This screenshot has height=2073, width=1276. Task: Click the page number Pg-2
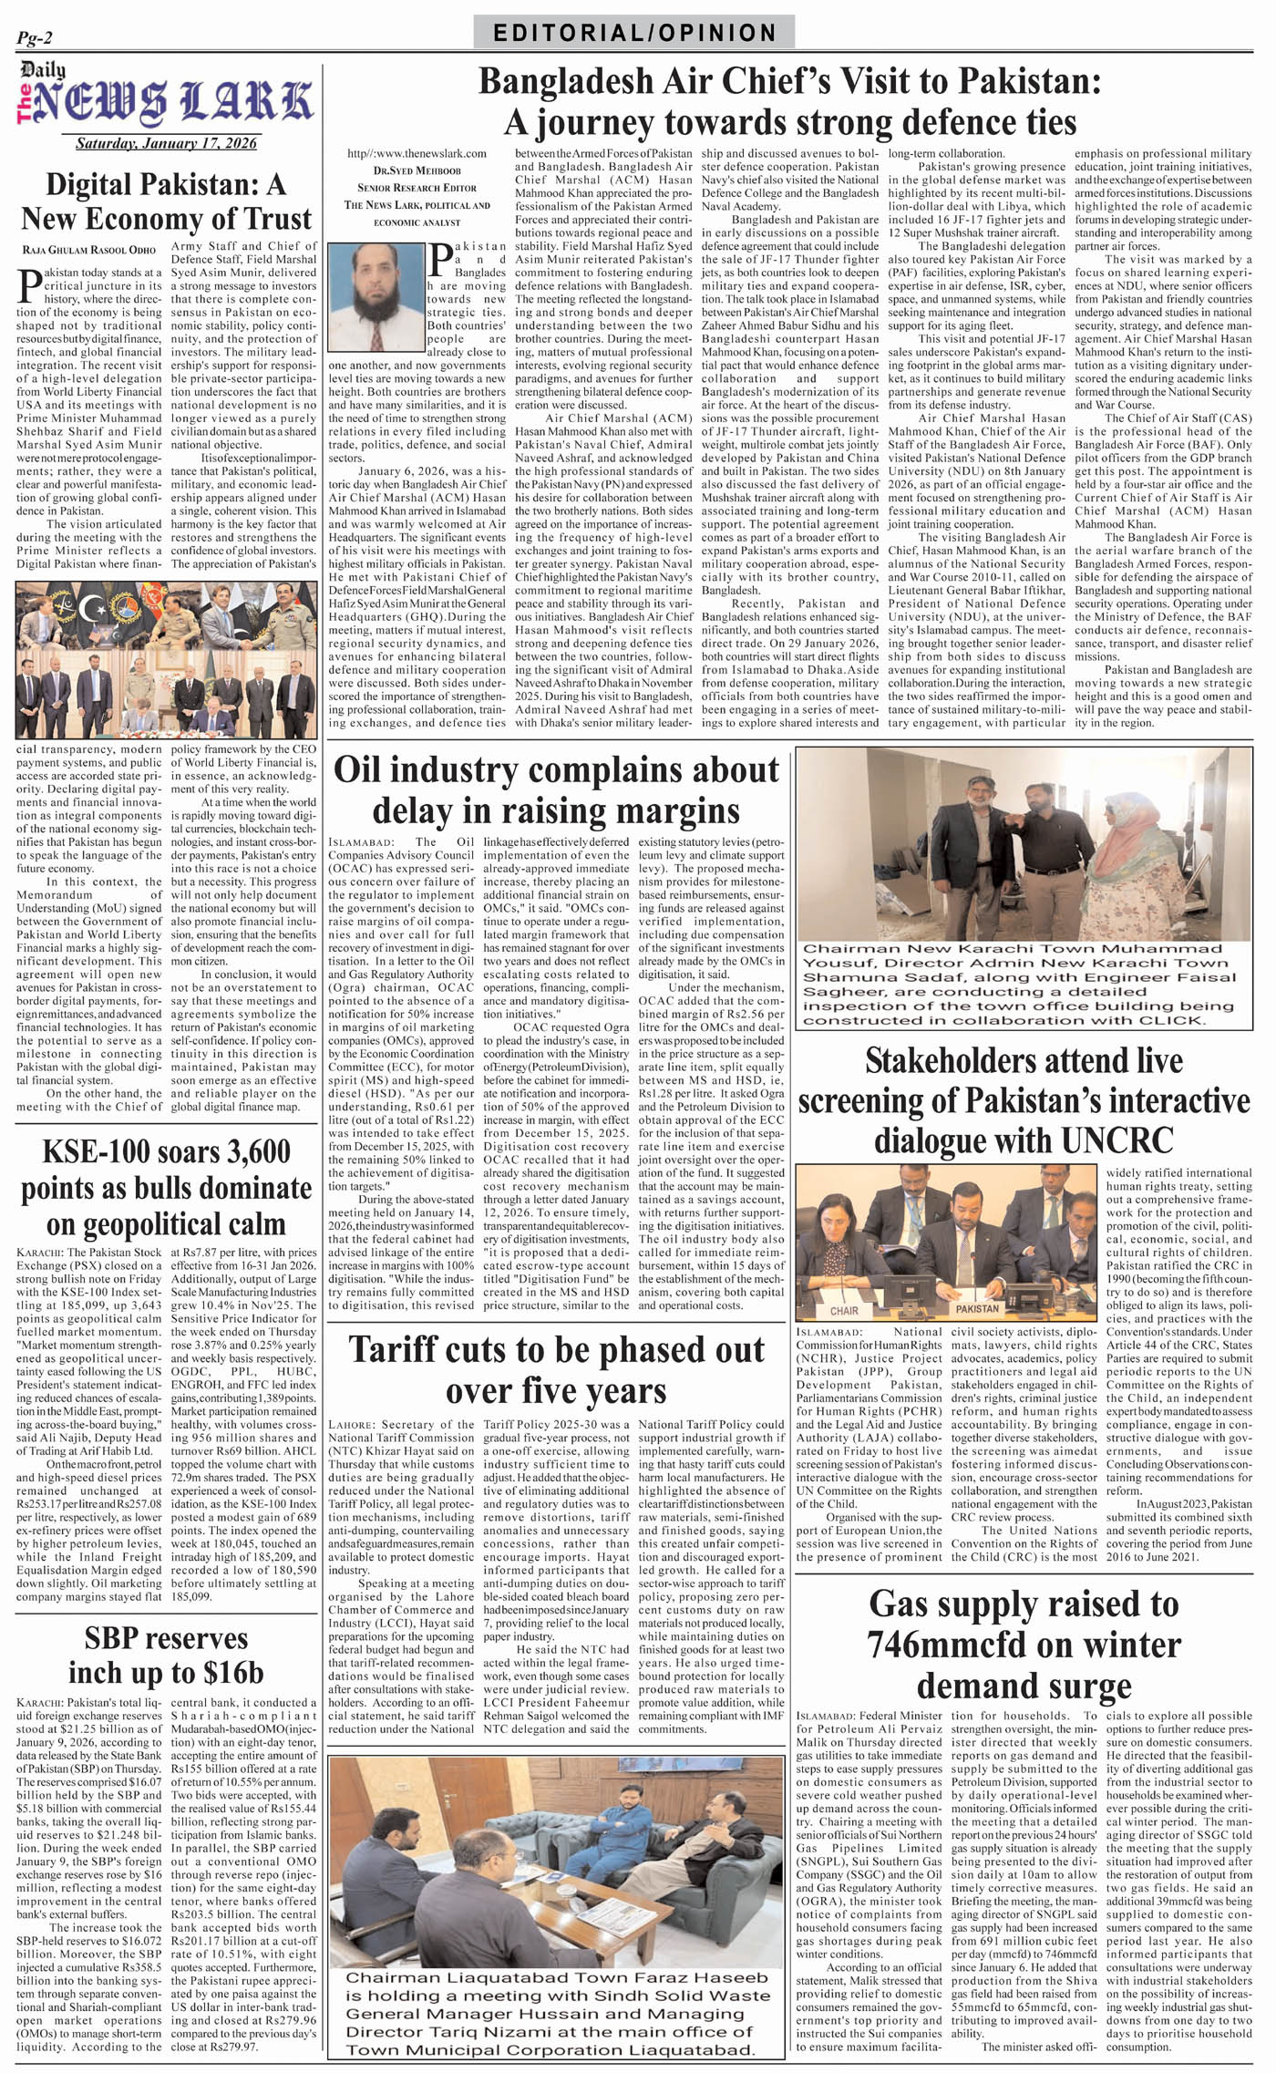(x=35, y=38)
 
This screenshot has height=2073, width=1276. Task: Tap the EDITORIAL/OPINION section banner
(x=634, y=34)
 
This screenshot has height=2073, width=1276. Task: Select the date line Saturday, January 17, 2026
(x=166, y=143)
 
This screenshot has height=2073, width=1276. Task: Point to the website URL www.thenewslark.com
(x=417, y=154)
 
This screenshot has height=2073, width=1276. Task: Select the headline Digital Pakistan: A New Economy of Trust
(x=166, y=201)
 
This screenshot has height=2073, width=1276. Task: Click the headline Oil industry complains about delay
(x=556, y=789)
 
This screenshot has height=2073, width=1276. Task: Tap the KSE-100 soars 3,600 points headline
(x=166, y=1187)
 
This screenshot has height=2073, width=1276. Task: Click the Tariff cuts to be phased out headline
(x=556, y=1370)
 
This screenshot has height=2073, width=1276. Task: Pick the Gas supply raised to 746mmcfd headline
(x=1024, y=1645)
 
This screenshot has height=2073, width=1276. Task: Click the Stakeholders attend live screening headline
(x=1024, y=1100)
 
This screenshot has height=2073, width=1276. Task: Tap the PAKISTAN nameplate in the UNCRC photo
(x=976, y=1308)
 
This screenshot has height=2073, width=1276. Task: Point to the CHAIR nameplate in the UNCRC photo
(x=844, y=1311)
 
